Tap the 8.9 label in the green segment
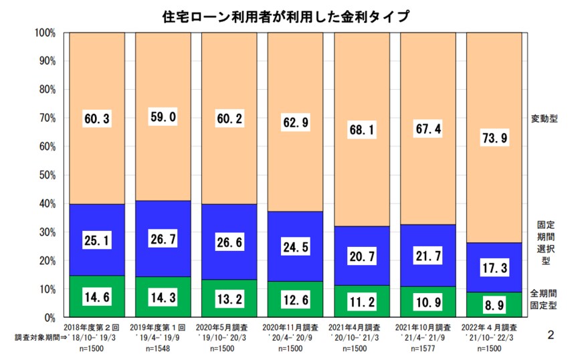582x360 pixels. pos(494,304)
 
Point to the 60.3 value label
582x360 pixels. pos(97,119)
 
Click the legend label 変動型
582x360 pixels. pos(545,118)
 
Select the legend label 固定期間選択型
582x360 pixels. pos(545,242)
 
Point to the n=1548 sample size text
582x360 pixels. pos(163,349)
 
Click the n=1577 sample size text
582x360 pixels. pos(427,349)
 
